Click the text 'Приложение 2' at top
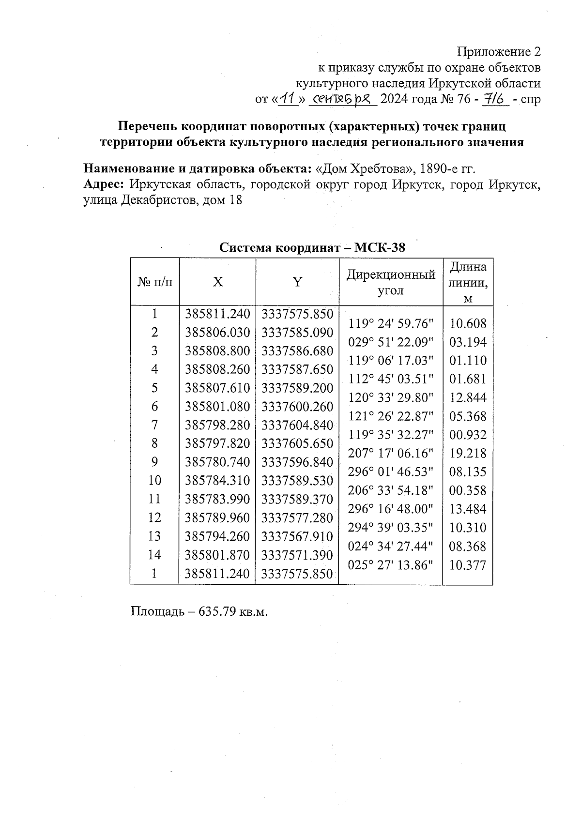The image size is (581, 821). click(499, 52)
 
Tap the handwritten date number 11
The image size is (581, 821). click(289, 99)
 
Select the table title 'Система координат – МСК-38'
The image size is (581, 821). click(312, 248)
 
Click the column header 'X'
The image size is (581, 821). click(218, 282)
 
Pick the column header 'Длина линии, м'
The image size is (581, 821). click(468, 282)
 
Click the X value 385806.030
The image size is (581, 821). click(218, 333)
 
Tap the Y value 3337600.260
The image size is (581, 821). click(297, 407)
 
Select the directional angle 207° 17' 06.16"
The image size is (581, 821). click(391, 453)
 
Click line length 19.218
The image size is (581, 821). click(468, 453)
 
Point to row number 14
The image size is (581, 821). click(154, 555)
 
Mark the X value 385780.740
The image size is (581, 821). click(218, 462)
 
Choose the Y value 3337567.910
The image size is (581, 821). click(297, 536)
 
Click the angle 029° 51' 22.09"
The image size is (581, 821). click(391, 342)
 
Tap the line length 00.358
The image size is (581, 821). click(468, 490)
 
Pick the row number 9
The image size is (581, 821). click(154, 462)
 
